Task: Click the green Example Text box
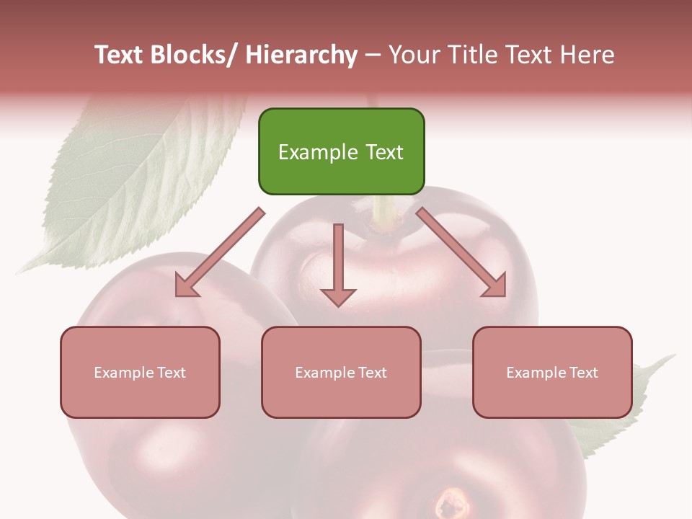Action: (341, 151)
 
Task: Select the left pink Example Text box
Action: (140, 372)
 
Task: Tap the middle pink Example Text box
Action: (341, 372)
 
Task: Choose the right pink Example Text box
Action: (552, 372)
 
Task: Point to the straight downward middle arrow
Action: (338, 259)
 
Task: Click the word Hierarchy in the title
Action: (301, 56)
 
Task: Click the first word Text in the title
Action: (119, 56)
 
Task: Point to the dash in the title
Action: (373, 56)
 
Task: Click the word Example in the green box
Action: (311, 152)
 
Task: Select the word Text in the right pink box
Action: (583, 373)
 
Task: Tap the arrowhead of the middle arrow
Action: (338, 296)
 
